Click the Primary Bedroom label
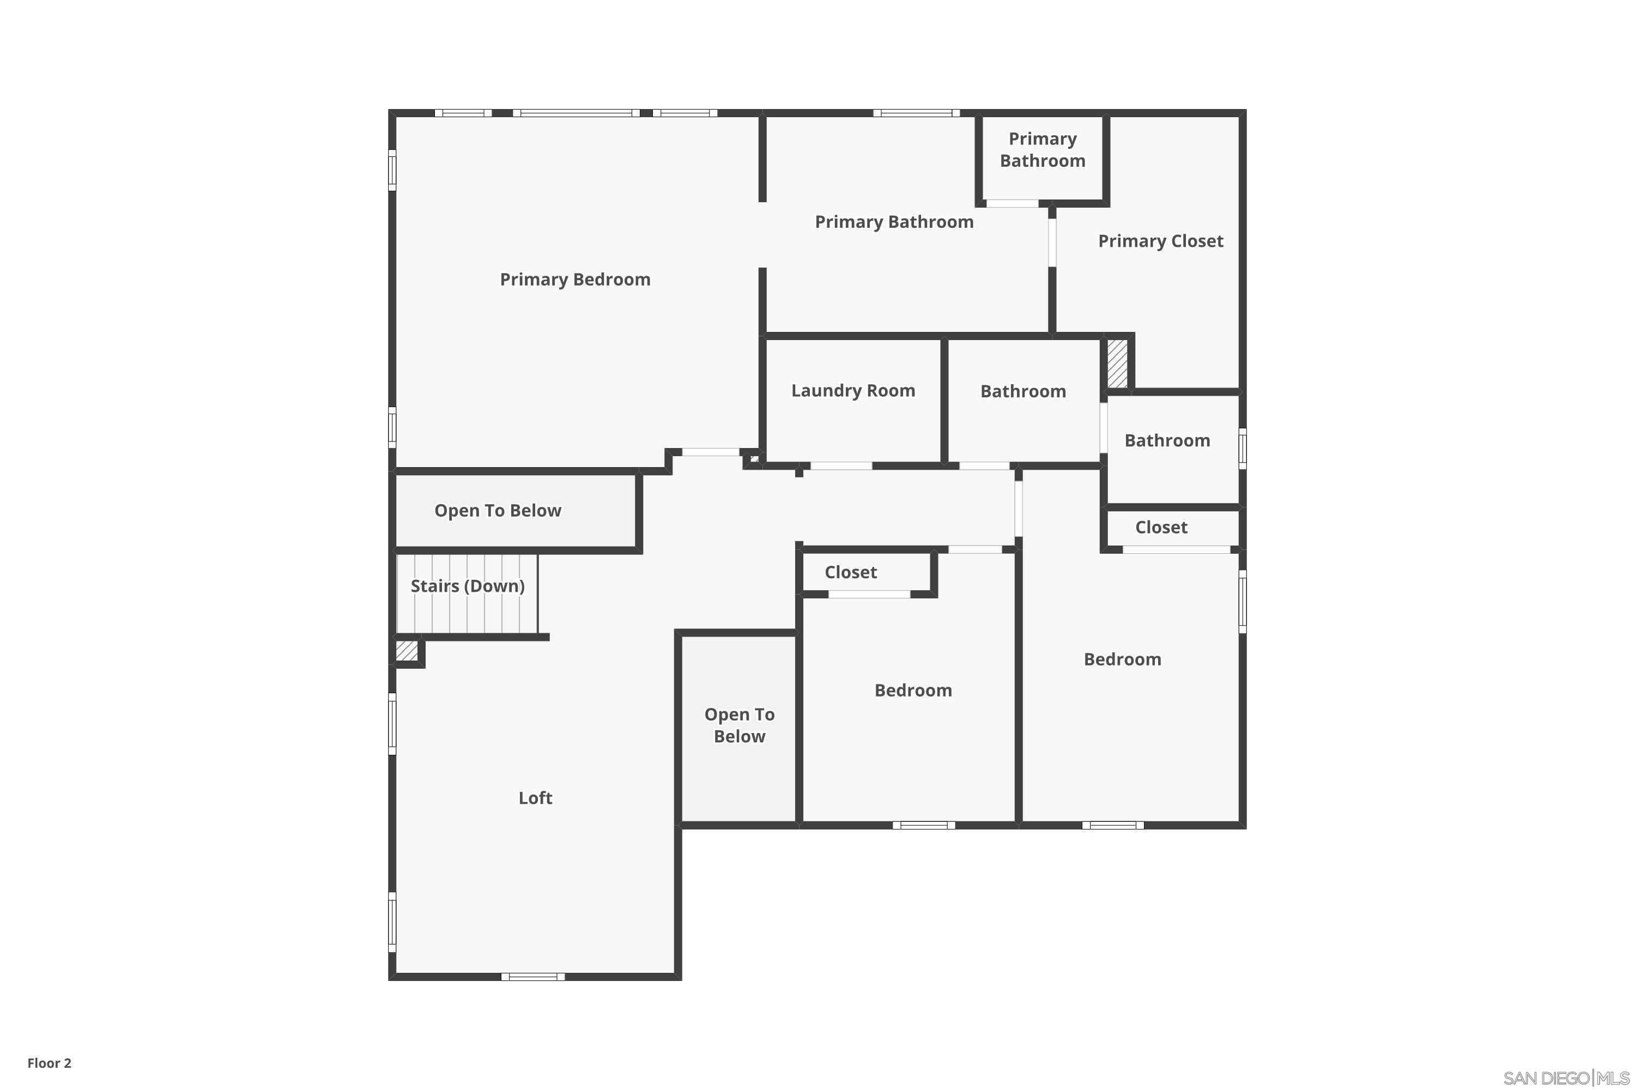(575, 280)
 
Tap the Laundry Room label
(853, 391)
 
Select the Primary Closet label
(1160, 241)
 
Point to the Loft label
(535, 798)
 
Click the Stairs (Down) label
(467, 586)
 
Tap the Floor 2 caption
(50, 1063)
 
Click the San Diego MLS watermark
(1565, 1078)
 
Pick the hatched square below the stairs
(407, 651)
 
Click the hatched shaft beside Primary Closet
(1117, 364)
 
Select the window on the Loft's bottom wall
(533, 977)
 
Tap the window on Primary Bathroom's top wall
(916, 113)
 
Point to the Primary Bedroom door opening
(711, 452)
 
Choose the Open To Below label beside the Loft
(740, 726)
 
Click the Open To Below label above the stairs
(498, 511)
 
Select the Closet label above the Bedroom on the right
(1161, 528)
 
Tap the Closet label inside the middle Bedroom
(851, 573)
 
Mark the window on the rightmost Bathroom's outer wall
(1243, 449)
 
